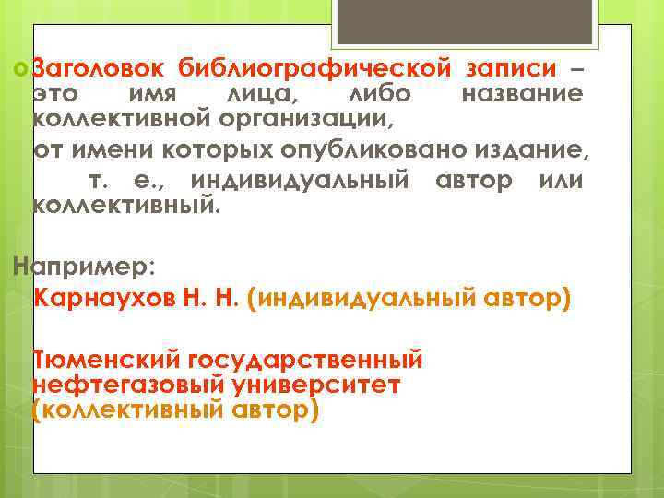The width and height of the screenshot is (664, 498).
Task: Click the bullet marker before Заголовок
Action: coord(21,69)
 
